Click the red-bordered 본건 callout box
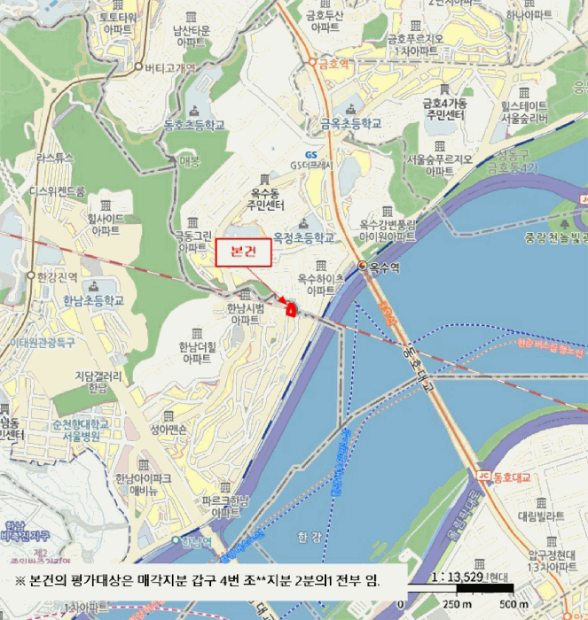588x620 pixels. (x=242, y=252)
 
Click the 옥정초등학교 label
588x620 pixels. (x=304, y=238)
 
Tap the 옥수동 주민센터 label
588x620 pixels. (x=266, y=199)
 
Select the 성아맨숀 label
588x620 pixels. (x=169, y=430)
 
